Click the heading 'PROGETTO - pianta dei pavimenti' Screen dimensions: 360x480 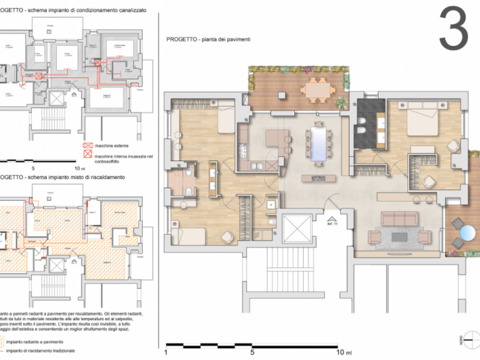[208, 40]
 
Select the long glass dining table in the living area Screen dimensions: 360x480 [319, 141]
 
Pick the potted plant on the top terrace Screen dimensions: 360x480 [341, 104]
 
